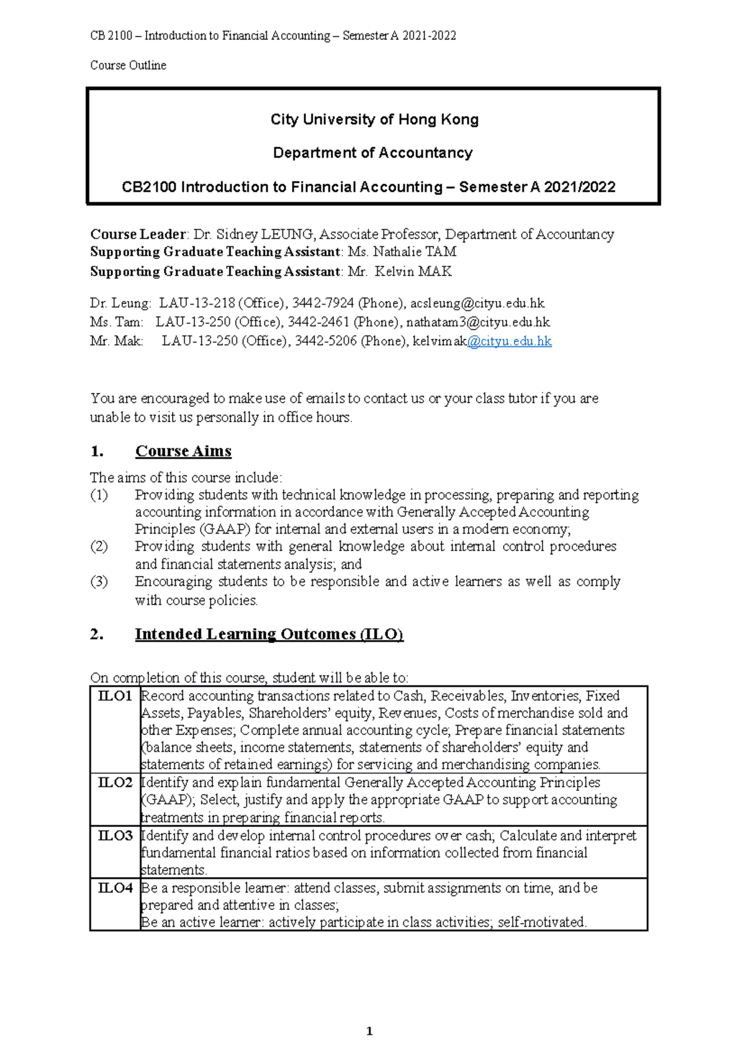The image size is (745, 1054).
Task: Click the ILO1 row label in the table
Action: point(115,696)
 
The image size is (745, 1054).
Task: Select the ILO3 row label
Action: point(115,836)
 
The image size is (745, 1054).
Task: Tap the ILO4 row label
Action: point(115,888)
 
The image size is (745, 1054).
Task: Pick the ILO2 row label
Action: point(115,782)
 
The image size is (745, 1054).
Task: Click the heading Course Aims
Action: point(183,451)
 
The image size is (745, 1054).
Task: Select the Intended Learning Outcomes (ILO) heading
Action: point(269,634)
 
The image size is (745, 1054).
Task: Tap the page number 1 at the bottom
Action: point(369,1031)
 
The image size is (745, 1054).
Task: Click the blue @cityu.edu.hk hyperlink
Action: point(509,341)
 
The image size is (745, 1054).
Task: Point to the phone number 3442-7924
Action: point(323,303)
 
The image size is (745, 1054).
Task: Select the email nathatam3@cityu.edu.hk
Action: point(478,322)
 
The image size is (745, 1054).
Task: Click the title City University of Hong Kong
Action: point(374,119)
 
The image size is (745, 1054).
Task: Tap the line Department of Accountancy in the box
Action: point(372,153)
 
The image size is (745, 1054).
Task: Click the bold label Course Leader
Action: point(138,234)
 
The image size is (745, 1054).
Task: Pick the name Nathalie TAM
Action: point(414,251)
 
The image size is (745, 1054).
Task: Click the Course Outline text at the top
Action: point(128,65)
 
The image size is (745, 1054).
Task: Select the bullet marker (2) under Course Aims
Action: point(99,546)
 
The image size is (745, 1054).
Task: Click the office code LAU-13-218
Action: point(197,303)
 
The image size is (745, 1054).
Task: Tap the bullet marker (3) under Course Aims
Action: point(99,582)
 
